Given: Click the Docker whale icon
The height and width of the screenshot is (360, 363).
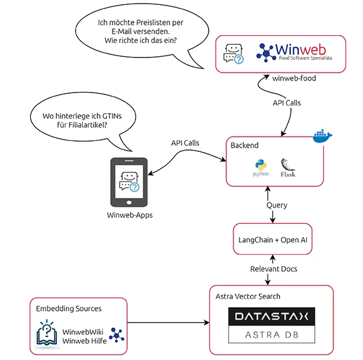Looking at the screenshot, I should pyautogui.click(x=322, y=136).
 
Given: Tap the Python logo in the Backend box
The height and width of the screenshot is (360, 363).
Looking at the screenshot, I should pyautogui.click(x=261, y=167).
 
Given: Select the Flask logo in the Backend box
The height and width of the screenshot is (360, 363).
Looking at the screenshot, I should pyautogui.click(x=288, y=168).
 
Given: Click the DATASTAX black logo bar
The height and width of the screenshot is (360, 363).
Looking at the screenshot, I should pyautogui.click(x=272, y=316).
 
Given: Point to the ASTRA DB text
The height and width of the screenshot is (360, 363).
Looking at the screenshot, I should pyautogui.click(x=272, y=335).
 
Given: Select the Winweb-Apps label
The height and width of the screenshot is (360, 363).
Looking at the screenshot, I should pyautogui.click(x=129, y=215).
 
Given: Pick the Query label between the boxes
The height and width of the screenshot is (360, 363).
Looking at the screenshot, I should pyautogui.click(x=276, y=205).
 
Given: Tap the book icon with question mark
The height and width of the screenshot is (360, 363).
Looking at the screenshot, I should pyautogui.click(x=46, y=333).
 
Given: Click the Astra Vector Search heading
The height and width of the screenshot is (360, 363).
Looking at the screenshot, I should pyautogui.click(x=248, y=296).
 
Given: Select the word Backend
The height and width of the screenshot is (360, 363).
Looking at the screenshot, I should pyautogui.click(x=244, y=145).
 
